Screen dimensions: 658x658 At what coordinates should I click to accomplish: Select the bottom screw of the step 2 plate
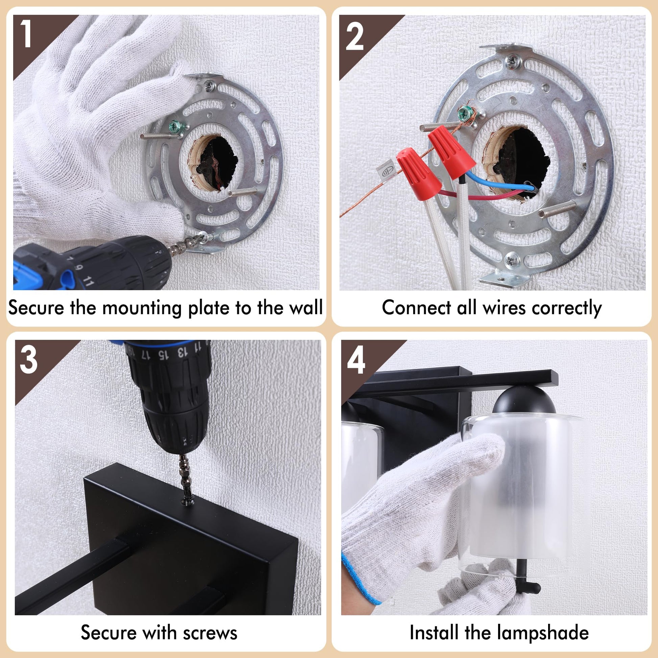pyautogui.click(x=512, y=261)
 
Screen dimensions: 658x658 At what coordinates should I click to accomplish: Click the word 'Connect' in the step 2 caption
pyautogui.click(x=417, y=308)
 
